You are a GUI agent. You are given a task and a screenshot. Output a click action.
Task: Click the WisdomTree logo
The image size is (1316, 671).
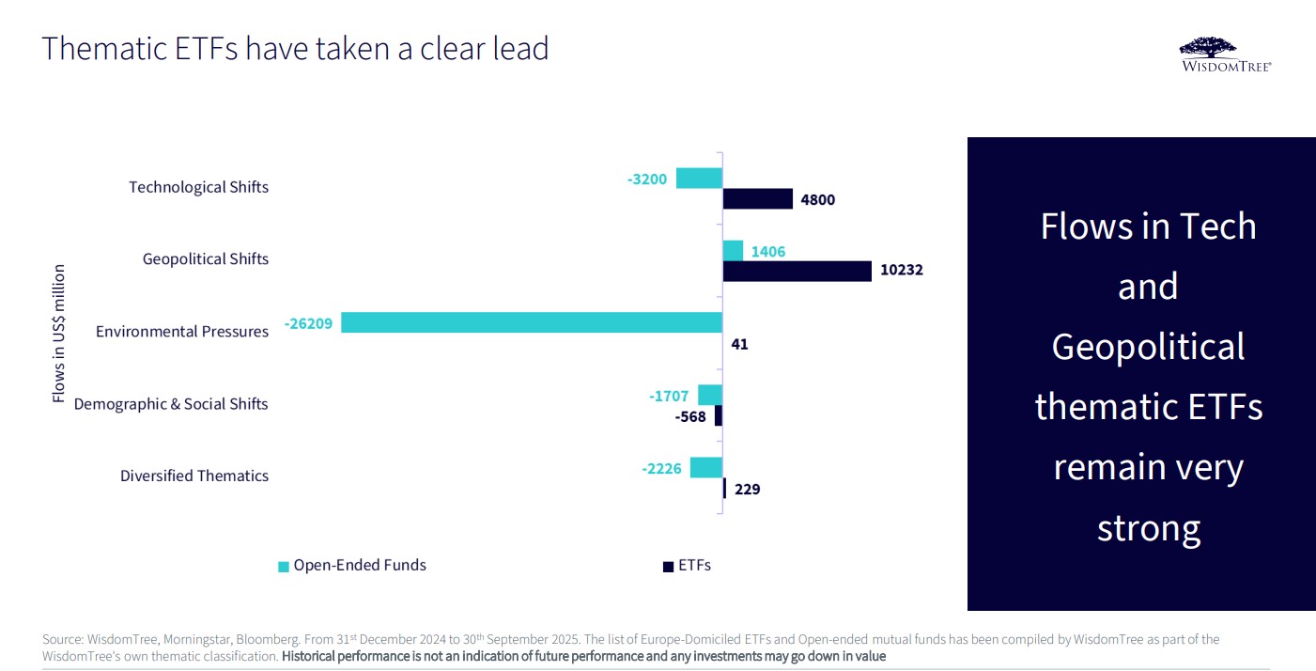[1226, 55]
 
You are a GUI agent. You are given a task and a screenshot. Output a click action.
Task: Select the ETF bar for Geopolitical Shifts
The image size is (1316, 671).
[797, 271]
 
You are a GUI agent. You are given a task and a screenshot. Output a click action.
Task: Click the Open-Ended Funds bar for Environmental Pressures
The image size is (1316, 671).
[532, 322]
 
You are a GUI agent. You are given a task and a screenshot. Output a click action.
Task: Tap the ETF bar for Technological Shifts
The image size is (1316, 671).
[757, 198]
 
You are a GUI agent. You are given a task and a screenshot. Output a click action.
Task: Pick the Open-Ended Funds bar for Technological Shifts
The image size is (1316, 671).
[699, 178]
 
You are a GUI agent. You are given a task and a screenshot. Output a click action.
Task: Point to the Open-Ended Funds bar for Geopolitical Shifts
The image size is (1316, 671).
[733, 250]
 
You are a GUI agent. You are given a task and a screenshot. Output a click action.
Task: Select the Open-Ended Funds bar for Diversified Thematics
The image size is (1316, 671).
[706, 467]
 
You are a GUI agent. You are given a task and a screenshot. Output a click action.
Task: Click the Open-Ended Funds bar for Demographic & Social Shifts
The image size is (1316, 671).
[710, 395]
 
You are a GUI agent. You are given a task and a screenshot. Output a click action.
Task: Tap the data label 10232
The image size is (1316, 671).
[902, 271]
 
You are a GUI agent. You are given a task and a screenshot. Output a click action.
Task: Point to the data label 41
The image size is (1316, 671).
[739, 344]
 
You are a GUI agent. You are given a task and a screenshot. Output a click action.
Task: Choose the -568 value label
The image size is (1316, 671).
[690, 416]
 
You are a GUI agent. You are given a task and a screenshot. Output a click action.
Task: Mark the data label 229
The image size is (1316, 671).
[748, 489]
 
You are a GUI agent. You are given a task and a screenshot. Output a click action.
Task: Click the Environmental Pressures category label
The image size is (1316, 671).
[182, 331]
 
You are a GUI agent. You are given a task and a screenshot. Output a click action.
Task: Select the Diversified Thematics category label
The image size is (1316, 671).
[194, 476]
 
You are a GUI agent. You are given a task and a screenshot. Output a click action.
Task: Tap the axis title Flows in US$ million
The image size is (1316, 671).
[58, 334]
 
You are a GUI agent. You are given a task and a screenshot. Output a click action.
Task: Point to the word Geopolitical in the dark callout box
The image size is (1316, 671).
[1148, 347]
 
